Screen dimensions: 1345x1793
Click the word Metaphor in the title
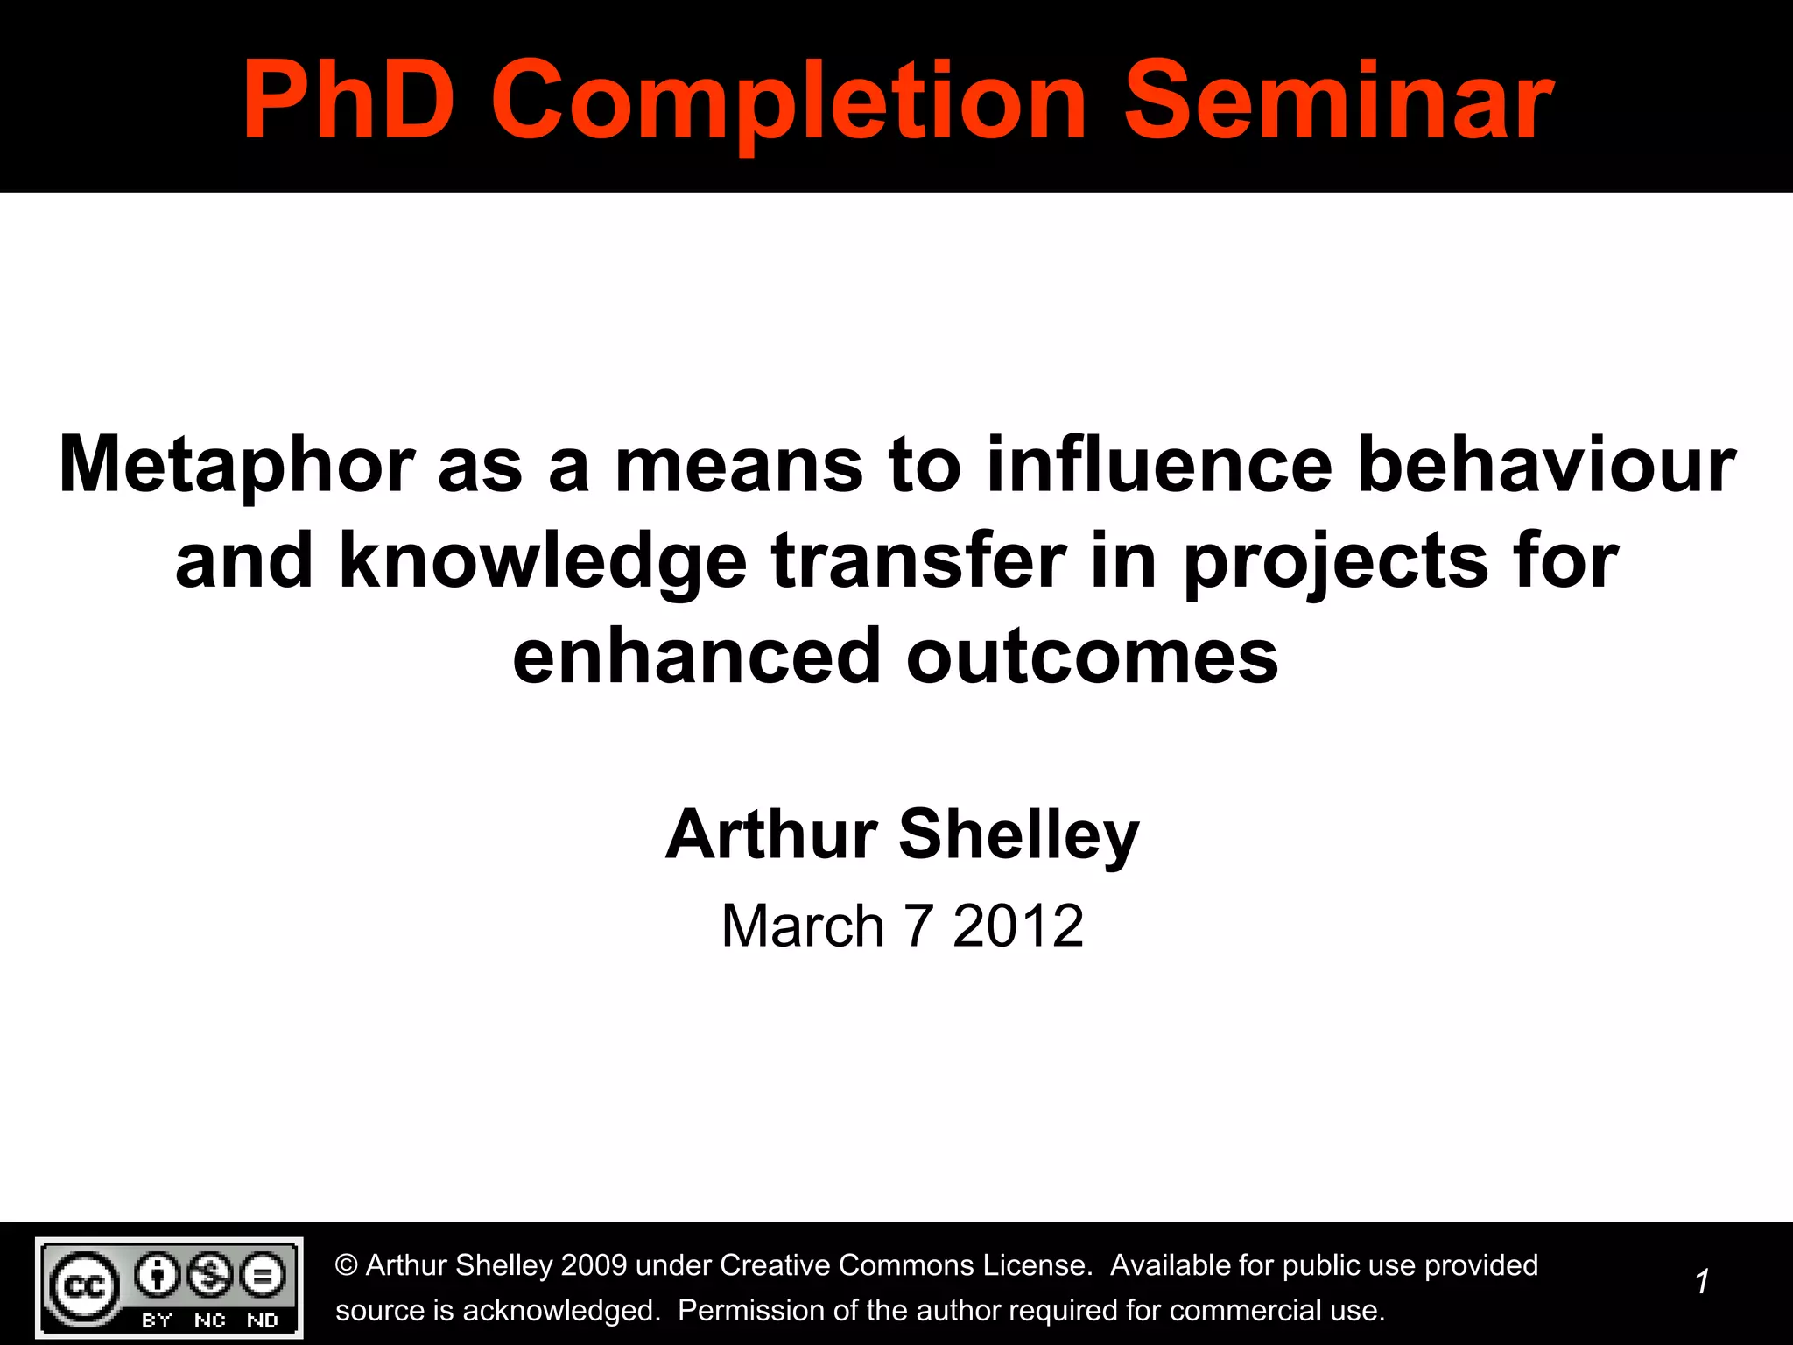point(236,467)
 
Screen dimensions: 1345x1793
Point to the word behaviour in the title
point(1546,465)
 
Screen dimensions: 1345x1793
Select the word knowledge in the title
point(543,561)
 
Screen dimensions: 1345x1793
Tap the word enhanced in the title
point(696,657)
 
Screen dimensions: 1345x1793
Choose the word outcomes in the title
point(1092,657)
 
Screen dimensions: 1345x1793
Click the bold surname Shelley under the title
point(1018,835)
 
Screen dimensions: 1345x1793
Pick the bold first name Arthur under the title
point(771,834)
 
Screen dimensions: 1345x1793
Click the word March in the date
point(803,926)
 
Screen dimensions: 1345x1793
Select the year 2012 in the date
point(1018,926)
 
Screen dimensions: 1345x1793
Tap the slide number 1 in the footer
point(1701,1282)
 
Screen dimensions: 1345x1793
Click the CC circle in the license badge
point(84,1286)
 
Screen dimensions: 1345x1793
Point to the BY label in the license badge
point(157,1320)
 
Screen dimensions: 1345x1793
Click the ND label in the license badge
point(262,1320)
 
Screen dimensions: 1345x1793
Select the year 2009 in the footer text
point(594,1265)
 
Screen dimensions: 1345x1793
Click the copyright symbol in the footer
point(347,1265)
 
